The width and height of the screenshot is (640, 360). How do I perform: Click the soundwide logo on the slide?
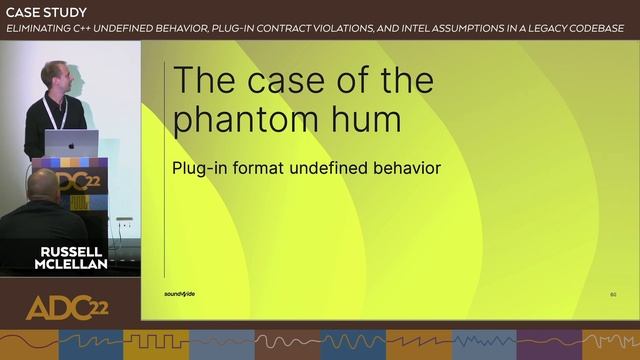tap(180, 294)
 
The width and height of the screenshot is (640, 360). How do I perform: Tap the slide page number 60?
tap(613, 294)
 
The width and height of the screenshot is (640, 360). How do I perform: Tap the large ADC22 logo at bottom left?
tap(66, 308)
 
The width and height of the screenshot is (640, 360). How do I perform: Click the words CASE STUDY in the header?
tap(46, 12)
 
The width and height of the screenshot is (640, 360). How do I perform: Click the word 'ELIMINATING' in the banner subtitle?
tap(40, 28)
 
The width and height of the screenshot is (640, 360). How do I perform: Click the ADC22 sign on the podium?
tap(72, 184)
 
